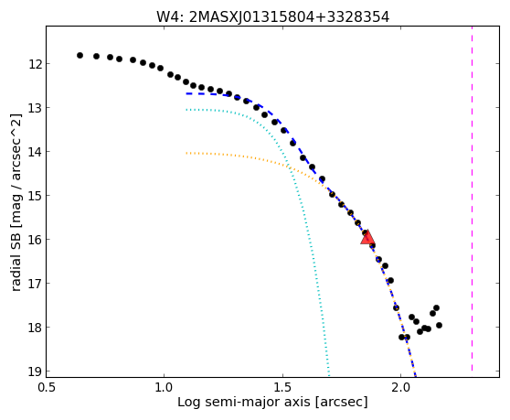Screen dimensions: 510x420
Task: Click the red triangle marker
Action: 367,237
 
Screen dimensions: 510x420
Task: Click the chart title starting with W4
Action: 273,16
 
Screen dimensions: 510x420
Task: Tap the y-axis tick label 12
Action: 35,64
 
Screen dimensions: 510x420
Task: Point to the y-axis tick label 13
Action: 35,108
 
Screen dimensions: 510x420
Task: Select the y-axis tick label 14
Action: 35,152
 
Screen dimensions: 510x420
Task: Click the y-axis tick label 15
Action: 35,196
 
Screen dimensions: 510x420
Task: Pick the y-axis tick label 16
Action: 35,240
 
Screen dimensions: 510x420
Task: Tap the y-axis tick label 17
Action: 35,284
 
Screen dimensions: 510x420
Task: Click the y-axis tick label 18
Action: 35,328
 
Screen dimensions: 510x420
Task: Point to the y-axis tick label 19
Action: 35,372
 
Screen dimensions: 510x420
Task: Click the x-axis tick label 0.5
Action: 47,387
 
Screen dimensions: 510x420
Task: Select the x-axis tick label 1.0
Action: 165,387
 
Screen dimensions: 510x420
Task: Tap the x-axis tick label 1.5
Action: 282,387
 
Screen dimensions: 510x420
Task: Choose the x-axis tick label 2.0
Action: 401,387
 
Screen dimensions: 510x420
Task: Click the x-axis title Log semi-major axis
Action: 244,403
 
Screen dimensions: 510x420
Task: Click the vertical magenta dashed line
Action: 472,199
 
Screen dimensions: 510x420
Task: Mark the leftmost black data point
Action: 80,55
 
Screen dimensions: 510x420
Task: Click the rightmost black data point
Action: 439,325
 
